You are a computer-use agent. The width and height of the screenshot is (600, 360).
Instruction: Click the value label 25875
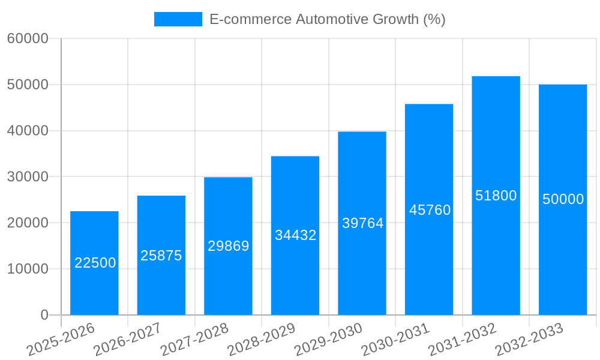click(x=161, y=256)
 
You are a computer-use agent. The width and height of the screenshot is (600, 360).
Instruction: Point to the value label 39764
click(x=362, y=223)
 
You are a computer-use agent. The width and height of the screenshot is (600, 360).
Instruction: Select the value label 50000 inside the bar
click(x=563, y=199)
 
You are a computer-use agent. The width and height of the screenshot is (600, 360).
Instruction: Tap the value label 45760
click(x=430, y=210)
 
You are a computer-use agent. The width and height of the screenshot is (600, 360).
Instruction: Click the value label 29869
click(x=228, y=246)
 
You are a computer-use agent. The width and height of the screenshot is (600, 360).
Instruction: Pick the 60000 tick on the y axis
click(x=28, y=39)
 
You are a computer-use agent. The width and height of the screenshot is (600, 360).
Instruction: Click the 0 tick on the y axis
click(x=44, y=315)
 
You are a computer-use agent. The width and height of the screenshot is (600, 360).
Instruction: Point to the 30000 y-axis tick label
click(x=28, y=177)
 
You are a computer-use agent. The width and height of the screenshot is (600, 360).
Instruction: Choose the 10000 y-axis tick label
click(x=28, y=269)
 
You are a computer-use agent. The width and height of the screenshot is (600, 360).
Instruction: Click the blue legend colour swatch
click(x=178, y=19)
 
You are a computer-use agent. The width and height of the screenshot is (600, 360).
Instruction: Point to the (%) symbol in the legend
click(x=434, y=19)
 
